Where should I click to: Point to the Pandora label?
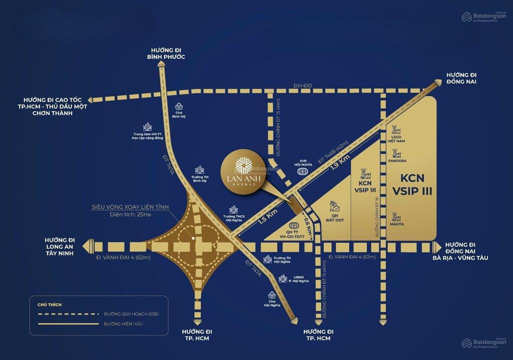coord(397,161)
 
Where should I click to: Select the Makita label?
coord(397,224)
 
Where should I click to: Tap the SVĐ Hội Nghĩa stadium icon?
coord(302,171)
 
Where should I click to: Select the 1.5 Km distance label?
coord(269,216)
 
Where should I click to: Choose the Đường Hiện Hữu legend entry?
coord(124,324)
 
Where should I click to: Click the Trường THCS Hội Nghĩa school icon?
coord(233,210)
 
